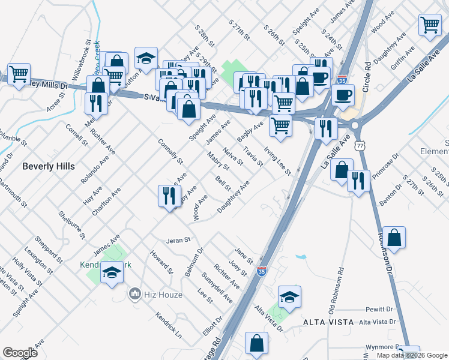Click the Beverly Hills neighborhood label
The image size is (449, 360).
pyautogui.click(x=48, y=167)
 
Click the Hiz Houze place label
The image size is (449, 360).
pyautogui.click(x=153, y=294)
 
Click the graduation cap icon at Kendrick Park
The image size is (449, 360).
pyautogui.click(x=112, y=273)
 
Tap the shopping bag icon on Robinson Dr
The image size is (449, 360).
pyautogui.click(x=395, y=238)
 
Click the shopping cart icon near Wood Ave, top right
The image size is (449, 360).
pyautogui.click(x=430, y=25)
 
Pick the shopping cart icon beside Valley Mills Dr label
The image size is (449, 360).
pyautogui.click(x=19, y=74)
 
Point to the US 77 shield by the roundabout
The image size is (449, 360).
pyautogui.click(x=360, y=146)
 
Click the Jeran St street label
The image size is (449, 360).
pyautogui.click(x=178, y=239)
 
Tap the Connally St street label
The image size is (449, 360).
pyautogui.click(x=170, y=152)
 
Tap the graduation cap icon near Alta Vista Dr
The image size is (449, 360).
pyautogui.click(x=289, y=296)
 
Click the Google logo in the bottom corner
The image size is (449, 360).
pyautogui.click(x=20, y=353)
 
